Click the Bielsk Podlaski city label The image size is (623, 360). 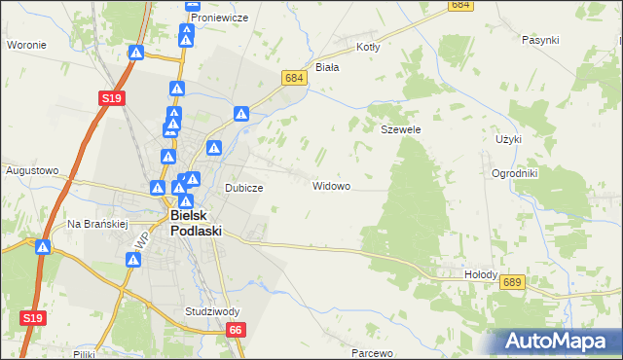point(196,223)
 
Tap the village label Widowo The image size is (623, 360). point(331,185)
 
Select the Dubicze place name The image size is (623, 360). point(245,189)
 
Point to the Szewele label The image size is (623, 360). point(400,128)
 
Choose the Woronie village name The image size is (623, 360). point(27,45)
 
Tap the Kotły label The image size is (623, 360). point(368,47)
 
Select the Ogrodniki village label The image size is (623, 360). point(542,173)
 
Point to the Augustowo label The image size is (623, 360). point(30,170)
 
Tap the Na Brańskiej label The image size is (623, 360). point(98,223)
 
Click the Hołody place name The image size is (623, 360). point(481,275)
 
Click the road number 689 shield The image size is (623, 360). point(514,281)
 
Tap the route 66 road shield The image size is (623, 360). point(237,331)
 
